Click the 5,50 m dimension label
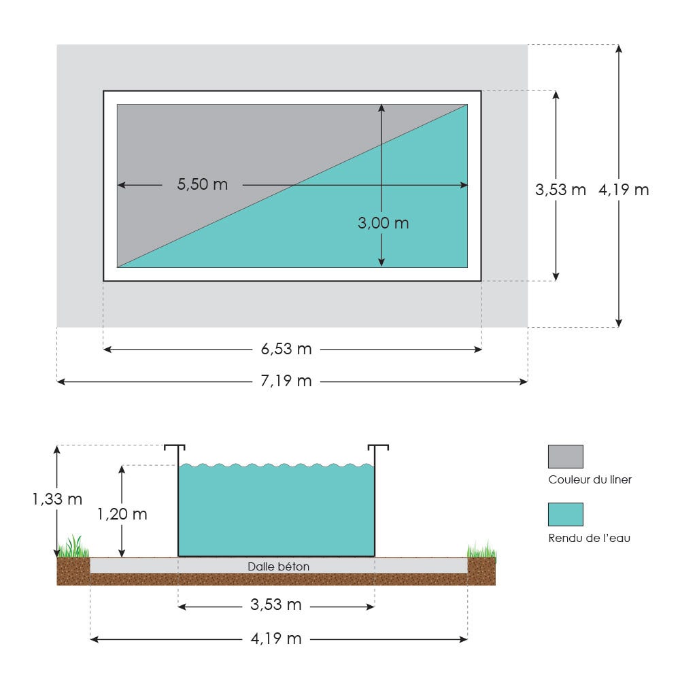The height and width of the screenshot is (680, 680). [202, 184]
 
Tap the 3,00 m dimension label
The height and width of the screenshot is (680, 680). [383, 223]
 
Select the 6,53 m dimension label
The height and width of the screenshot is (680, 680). [286, 349]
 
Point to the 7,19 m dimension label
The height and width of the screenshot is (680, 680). [286, 381]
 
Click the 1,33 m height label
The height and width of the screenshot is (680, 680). [56, 499]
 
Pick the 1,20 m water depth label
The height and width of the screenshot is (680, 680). [122, 514]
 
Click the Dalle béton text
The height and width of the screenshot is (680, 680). [279, 566]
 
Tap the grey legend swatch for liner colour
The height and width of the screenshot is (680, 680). [565, 456]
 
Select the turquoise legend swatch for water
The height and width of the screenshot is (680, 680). [565, 514]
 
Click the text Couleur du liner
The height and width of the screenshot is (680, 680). [590, 479]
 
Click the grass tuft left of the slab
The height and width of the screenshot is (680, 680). [73, 547]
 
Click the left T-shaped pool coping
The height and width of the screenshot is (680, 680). [175, 449]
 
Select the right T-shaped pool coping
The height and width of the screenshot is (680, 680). [378, 449]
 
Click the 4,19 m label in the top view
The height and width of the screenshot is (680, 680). [624, 190]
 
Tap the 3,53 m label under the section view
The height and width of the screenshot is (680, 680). [276, 605]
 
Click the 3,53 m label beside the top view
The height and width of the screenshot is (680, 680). [560, 190]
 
